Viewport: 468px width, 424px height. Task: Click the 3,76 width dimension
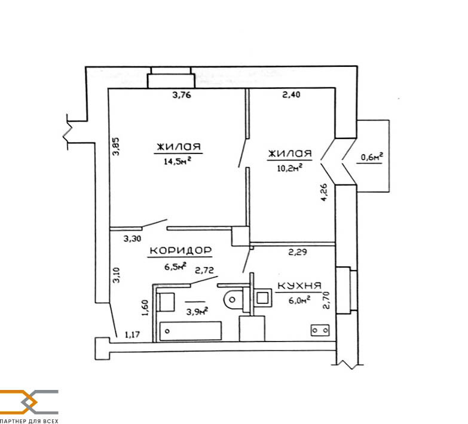pyautogui.click(x=182, y=95)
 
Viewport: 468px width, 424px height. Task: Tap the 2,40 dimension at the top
pyautogui.click(x=291, y=95)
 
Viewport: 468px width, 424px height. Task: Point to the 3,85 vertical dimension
pyautogui.click(x=115, y=146)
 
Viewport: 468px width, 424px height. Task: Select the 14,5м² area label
pyautogui.click(x=178, y=161)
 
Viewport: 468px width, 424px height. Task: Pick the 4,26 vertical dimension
pyautogui.click(x=324, y=193)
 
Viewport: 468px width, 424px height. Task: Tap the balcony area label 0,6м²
pyautogui.click(x=372, y=157)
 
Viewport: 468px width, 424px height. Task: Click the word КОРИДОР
pyautogui.click(x=181, y=250)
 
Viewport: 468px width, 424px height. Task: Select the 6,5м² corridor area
pyautogui.click(x=176, y=266)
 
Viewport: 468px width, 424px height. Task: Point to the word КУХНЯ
pyautogui.click(x=299, y=285)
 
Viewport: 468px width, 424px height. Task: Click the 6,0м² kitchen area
pyautogui.click(x=299, y=300)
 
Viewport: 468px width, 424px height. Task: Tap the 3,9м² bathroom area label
pyautogui.click(x=197, y=312)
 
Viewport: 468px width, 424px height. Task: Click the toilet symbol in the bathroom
pyautogui.click(x=233, y=299)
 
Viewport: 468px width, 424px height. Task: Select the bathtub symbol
pyautogui.click(x=191, y=331)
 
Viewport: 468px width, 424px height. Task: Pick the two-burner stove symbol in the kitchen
pyautogui.click(x=320, y=330)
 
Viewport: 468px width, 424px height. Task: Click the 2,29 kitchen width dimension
pyautogui.click(x=297, y=252)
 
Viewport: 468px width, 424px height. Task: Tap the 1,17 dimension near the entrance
pyautogui.click(x=132, y=335)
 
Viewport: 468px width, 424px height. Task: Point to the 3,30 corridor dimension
pyautogui.click(x=132, y=238)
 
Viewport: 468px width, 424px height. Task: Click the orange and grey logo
pyautogui.click(x=29, y=402)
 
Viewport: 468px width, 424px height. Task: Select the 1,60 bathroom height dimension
pyautogui.click(x=145, y=308)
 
